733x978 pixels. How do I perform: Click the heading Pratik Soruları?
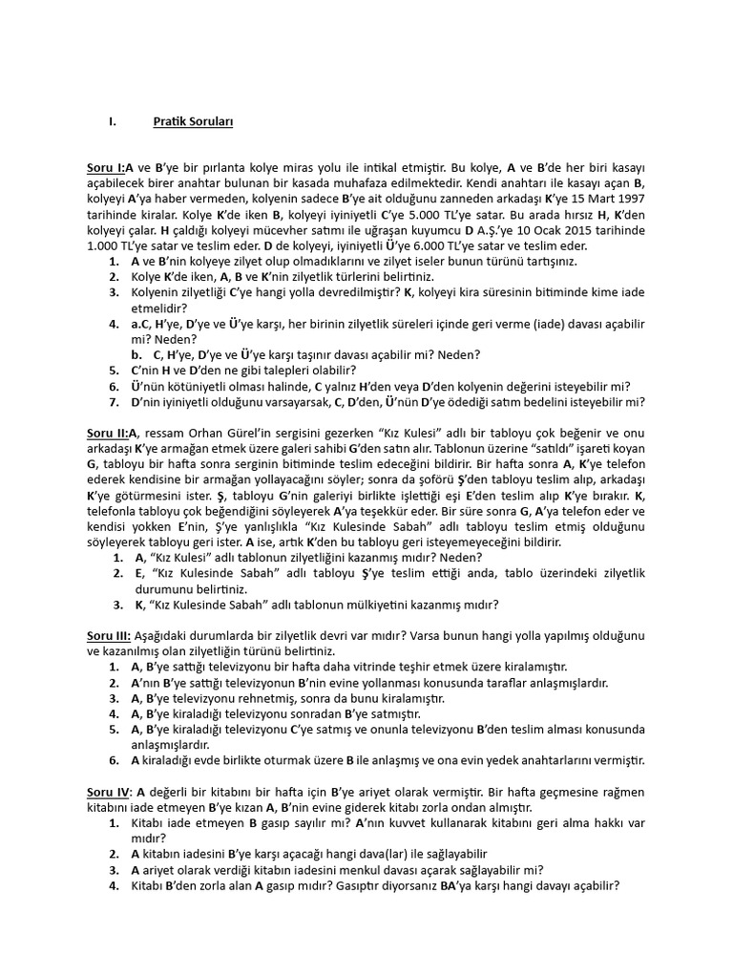(x=193, y=122)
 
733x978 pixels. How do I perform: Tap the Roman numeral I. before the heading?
(x=112, y=122)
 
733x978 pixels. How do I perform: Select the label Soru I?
(x=106, y=168)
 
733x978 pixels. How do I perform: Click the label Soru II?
(x=108, y=432)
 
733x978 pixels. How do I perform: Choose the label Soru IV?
(x=109, y=793)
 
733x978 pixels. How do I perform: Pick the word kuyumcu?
(x=428, y=230)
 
